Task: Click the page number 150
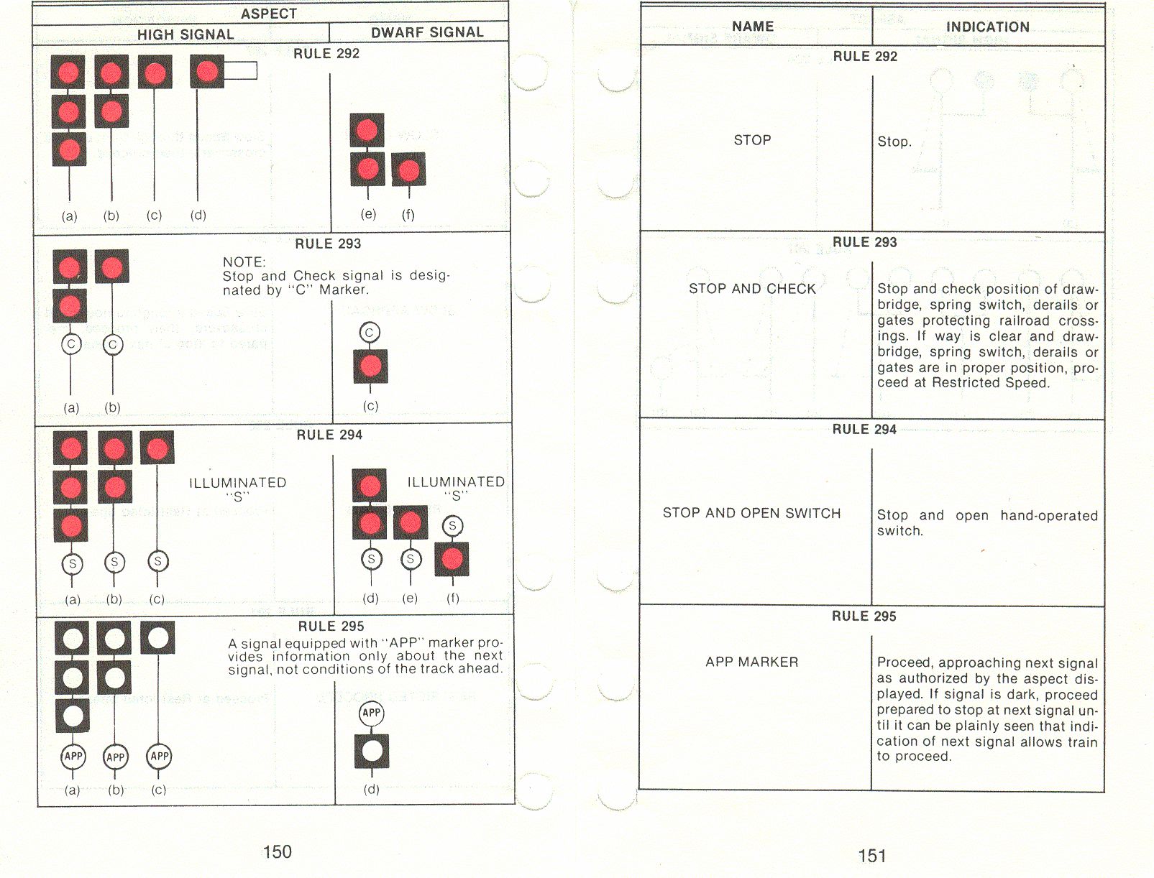point(277,851)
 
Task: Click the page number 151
point(872,856)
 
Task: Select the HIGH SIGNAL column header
point(186,34)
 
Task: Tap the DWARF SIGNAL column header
point(427,32)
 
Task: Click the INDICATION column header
point(988,27)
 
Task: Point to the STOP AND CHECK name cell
point(752,289)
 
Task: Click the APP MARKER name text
point(752,662)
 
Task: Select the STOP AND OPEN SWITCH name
point(752,513)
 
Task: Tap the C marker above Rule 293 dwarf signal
point(370,333)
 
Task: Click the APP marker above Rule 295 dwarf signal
point(372,713)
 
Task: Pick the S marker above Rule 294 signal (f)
point(453,526)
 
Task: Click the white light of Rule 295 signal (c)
point(157,637)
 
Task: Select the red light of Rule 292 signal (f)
point(409,170)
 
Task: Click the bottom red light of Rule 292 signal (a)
point(70,151)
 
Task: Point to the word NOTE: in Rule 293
point(244,262)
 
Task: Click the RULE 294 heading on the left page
point(329,435)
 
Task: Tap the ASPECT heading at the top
point(269,14)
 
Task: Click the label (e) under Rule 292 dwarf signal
point(368,214)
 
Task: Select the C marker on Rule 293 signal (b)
point(112,345)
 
